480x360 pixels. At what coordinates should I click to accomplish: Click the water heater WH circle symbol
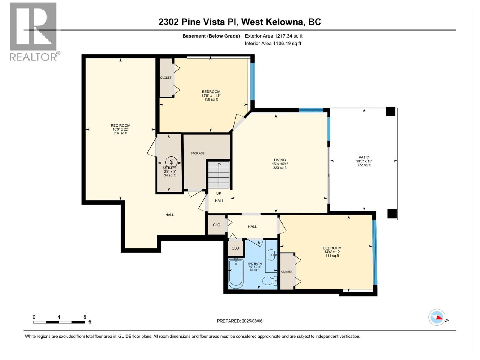(x=171, y=162)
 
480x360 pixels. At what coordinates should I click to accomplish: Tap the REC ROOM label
(x=121, y=125)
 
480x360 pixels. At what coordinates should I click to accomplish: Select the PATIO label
(x=364, y=157)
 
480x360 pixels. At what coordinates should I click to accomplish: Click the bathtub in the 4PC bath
(x=236, y=273)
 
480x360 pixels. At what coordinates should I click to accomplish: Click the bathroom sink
(x=272, y=255)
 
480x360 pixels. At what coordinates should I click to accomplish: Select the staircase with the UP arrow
(x=219, y=175)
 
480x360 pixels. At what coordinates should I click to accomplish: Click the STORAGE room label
(x=197, y=153)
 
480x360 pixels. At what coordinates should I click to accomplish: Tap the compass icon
(x=437, y=317)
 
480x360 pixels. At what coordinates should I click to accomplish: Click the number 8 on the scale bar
(x=85, y=317)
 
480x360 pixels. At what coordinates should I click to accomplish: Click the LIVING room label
(x=280, y=160)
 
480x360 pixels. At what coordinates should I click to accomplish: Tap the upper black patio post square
(x=391, y=111)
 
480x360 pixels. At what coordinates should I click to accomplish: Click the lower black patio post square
(x=392, y=214)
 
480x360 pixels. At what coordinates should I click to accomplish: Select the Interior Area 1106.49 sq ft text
(x=273, y=43)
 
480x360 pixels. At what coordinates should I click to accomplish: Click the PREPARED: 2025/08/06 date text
(x=240, y=321)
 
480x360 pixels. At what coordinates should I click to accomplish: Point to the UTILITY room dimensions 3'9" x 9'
(x=170, y=172)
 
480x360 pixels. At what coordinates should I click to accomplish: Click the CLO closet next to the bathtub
(x=235, y=248)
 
